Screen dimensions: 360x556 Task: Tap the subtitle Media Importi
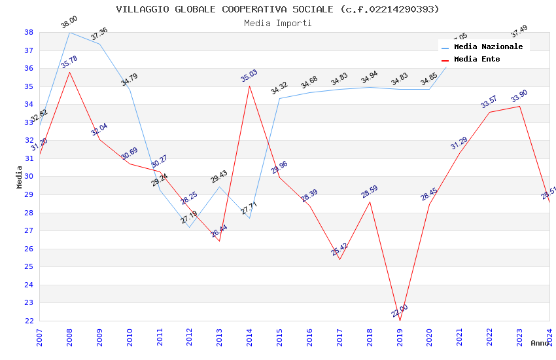277,23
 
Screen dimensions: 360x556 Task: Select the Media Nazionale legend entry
488,47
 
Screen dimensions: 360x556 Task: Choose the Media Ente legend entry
476,60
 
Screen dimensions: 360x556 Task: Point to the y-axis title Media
19,177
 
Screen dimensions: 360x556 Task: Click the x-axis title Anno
540,343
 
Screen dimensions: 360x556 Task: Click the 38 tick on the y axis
29,32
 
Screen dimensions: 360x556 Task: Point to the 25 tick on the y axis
29,266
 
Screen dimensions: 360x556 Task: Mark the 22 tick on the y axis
29,321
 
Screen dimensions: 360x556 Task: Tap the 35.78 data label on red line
69,62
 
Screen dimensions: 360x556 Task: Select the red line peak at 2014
249,86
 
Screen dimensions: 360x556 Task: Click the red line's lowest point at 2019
400,321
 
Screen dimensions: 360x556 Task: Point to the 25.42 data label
339,249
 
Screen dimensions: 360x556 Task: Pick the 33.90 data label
519,96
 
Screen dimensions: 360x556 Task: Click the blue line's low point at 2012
189,227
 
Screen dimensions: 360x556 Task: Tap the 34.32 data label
279,88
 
